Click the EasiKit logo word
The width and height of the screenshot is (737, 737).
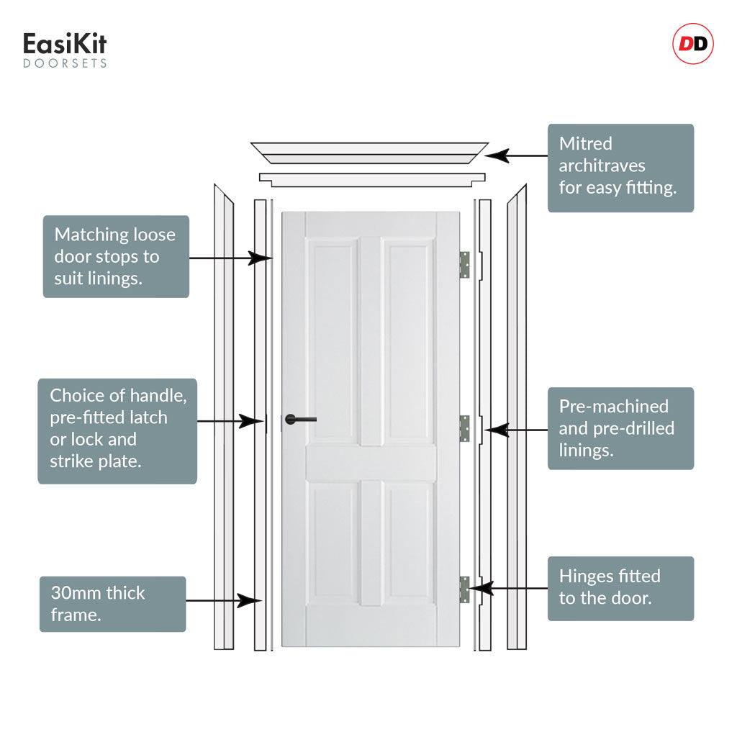point(65,44)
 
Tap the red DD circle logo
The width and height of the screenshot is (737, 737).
point(693,44)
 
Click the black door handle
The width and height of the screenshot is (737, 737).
point(300,420)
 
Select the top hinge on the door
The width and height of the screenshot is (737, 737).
point(464,265)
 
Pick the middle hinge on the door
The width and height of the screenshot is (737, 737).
point(464,428)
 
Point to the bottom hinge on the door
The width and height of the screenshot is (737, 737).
point(464,589)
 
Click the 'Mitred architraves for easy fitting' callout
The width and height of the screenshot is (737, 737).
point(620,168)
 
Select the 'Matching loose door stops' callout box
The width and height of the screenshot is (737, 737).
point(116,257)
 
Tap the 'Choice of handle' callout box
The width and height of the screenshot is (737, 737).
point(117,431)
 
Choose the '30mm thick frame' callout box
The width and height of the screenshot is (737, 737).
point(113,604)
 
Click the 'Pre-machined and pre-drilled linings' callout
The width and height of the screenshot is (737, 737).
point(620,428)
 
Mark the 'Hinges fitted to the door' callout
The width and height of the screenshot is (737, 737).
point(620,589)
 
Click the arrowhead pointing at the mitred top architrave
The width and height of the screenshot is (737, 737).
point(497,155)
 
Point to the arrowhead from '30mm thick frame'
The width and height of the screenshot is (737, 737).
point(249,600)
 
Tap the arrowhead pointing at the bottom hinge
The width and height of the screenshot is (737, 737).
point(481,588)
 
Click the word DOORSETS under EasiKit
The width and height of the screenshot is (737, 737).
point(65,63)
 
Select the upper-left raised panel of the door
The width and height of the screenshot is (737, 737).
point(333,340)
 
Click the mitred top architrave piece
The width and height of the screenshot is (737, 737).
point(369,153)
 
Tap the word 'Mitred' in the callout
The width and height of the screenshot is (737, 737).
point(586,143)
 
